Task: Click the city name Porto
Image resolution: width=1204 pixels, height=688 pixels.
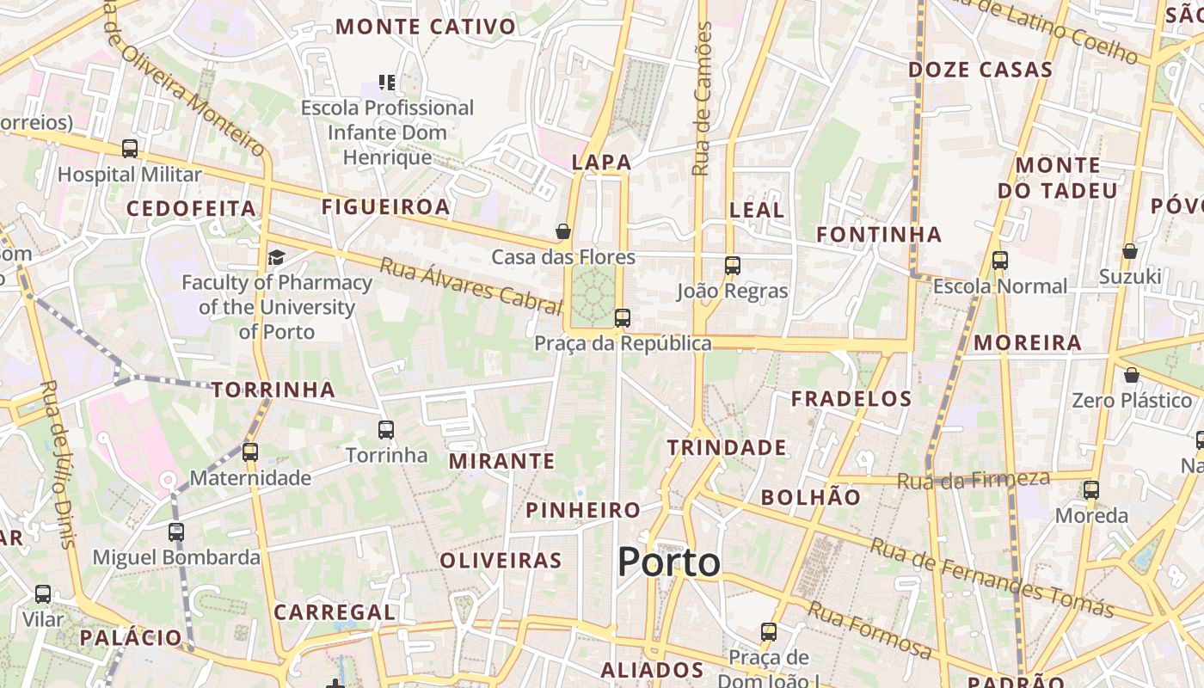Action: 668,562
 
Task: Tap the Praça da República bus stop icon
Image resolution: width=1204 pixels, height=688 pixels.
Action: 623,318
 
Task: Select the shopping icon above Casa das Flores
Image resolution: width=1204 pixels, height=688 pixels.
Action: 563,231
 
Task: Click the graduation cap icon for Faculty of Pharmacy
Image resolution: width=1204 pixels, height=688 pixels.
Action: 276,257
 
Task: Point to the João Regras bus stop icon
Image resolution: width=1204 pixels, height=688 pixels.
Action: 732,266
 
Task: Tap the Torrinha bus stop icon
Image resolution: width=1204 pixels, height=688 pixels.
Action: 386,429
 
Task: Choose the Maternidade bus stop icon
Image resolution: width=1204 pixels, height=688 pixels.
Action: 250,451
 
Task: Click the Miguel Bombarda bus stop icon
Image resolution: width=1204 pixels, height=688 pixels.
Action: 176,531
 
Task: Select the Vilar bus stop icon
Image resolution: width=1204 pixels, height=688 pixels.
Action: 43,593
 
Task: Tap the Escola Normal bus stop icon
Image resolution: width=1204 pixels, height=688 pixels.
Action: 999,260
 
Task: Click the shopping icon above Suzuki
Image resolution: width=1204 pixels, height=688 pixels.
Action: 1130,251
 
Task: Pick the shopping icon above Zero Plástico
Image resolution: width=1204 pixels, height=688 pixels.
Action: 1132,375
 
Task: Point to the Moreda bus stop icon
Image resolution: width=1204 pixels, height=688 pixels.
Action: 1091,490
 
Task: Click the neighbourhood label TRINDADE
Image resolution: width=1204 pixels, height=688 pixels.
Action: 727,447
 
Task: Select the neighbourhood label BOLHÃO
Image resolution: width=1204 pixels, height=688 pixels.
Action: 810,497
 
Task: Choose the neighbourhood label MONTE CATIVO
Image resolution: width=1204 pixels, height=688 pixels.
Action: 426,27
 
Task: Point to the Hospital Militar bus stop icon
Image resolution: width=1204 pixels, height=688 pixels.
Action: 130,149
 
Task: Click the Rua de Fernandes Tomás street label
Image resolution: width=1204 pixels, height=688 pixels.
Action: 992,578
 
